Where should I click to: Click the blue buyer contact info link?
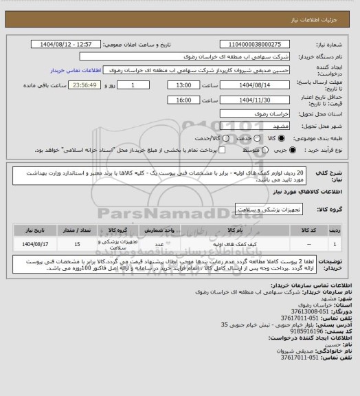(76, 69)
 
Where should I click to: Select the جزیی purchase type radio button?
(294, 149)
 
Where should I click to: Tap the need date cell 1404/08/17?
(36, 243)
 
